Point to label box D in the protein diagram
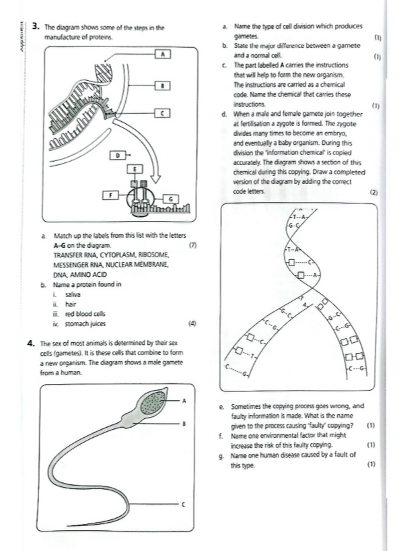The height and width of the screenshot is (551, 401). (118, 156)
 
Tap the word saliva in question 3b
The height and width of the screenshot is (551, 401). (73, 295)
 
